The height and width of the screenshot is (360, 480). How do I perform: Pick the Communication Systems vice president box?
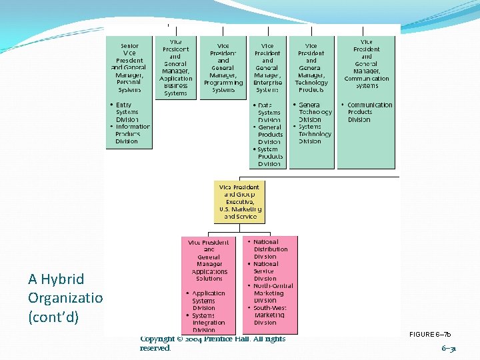point(366,64)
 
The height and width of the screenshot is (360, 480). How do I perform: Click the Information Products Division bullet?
point(131,134)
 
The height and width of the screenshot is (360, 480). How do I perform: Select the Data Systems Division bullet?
point(268,112)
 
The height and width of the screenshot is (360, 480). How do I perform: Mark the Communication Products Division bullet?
point(368,112)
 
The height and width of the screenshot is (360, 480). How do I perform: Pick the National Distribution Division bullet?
point(269,249)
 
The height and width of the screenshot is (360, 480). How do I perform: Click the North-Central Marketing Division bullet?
point(271,293)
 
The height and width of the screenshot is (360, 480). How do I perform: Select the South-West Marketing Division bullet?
point(269,315)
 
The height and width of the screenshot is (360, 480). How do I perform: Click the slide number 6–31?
point(449,348)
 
